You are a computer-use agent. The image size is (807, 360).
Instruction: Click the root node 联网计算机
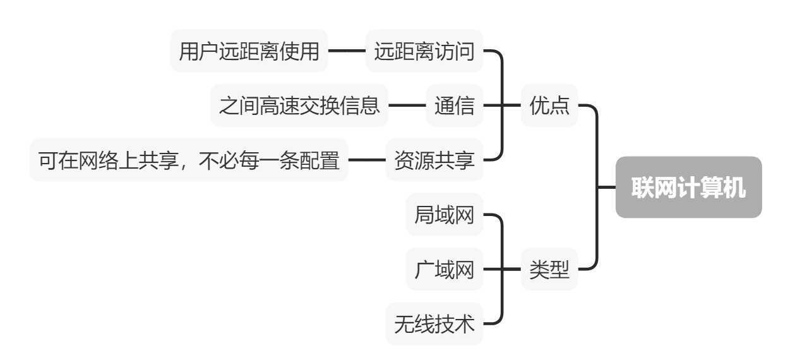pos(688,188)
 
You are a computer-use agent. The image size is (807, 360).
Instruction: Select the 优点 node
pos(549,105)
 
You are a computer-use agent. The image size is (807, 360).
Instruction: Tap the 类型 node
pos(549,270)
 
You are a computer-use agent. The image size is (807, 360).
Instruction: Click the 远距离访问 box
pos(424,51)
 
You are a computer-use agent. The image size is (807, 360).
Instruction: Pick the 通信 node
pos(454,105)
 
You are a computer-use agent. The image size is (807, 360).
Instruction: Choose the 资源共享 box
pos(434,160)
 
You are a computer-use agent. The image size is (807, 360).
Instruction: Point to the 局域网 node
pos(444,215)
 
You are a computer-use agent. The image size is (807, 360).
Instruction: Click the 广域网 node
pos(444,270)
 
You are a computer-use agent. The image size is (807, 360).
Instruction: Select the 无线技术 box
pos(434,324)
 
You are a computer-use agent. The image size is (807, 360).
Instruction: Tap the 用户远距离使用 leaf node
pos(249,51)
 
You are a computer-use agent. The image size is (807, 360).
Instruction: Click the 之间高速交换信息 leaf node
pos(299,105)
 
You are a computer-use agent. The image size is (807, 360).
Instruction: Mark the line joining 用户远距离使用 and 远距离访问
pos(347,51)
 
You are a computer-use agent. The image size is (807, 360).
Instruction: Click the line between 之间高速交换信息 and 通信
pos(407,105)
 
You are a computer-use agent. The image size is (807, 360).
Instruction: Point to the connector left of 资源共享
pos(367,160)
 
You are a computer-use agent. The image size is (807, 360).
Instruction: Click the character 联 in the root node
pos(642,188)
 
